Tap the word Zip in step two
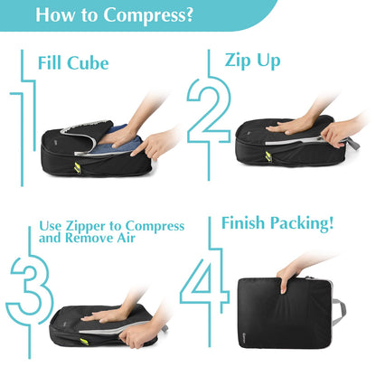pos(238,61)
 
